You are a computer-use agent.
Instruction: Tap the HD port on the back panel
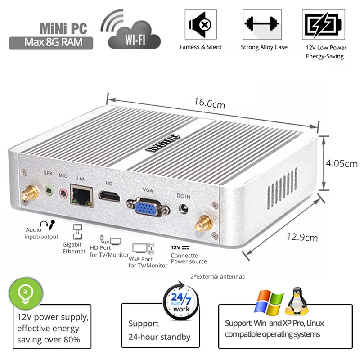[109, 196]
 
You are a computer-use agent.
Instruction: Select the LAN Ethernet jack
[81, 195]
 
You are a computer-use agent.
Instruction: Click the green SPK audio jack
[49, 190]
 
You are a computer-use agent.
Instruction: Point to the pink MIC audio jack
[63, 193]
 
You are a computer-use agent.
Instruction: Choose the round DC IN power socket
[184, 209]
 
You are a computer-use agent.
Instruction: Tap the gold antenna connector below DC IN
[204, 223]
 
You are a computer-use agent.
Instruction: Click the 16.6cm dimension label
[210, 103]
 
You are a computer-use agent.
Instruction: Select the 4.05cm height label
[342, 163]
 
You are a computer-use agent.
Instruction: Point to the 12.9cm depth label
[302, 237]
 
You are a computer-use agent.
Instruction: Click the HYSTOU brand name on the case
[163, 143]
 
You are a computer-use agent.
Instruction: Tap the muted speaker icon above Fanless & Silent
[201, 24]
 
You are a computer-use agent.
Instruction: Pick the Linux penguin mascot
[297, 301]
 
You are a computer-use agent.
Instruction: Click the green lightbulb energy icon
[26, 293]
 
